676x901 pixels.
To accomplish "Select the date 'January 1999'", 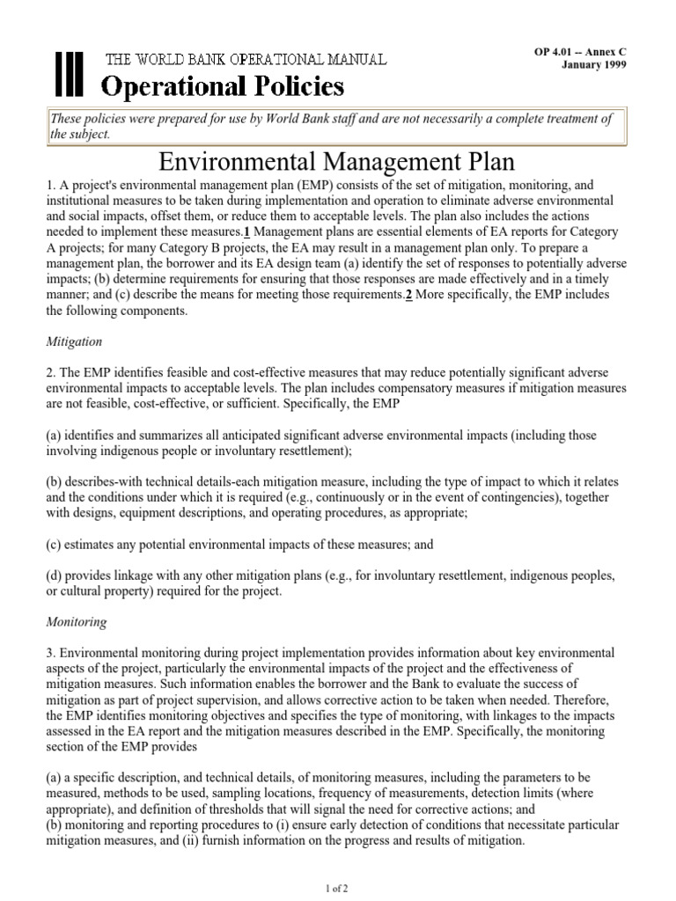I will pyautogui.click(x=594, y=66).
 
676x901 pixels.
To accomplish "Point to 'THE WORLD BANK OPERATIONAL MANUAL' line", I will pyautogui.click(x=246, y=60).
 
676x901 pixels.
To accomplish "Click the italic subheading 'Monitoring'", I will pyautogui.click(x=76, y=622).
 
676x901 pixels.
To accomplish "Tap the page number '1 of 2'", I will pyautogui.click(x=338, y=888).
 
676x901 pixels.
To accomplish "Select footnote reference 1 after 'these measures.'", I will pyautogui.click(x=247, y=231).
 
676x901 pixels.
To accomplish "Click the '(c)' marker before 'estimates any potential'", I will pyautogui.click(x=54, y=545).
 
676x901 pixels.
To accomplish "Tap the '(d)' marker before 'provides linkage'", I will pyautogui.click(x=54, y=575).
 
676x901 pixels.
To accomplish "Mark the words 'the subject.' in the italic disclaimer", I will pyautogui.click(x=81, y=135).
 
